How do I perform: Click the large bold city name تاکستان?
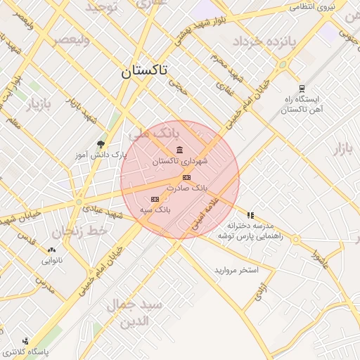tap(144, 71)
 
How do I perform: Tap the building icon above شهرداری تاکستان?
tap(180, 150)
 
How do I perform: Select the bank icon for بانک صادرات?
tap(186, 177)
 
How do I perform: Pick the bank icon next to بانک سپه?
tap(155, 199)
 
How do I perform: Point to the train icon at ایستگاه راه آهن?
tap(302, 88)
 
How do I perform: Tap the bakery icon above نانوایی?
tap(51, 250)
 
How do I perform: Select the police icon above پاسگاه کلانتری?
tap(25, 341)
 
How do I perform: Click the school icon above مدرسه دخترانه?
tap(250, 215)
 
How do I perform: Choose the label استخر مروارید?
tap(237, 270)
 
